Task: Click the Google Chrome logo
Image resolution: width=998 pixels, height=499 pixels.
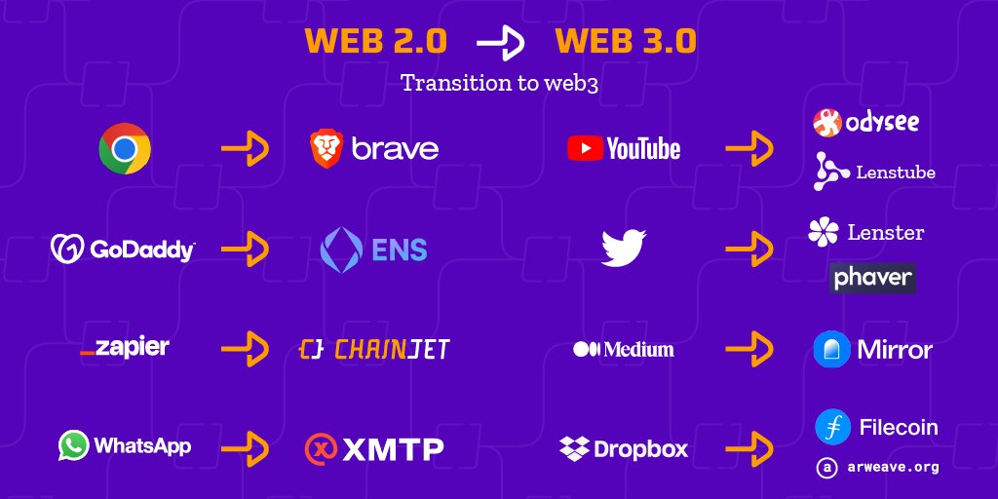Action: coord(125,149)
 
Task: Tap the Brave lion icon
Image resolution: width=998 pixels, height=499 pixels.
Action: coord(326,149)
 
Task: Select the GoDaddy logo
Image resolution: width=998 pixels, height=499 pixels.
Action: coord(123,249)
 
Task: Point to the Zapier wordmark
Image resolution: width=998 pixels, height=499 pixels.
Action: coord(125,348)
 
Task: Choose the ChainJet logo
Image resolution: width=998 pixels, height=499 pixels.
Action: coord(374,349)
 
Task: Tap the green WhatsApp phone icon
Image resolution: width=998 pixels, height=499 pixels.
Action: coord(74,445)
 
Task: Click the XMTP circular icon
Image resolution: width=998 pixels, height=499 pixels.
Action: coord(321,448)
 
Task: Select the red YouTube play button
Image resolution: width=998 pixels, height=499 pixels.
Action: coord(585,149)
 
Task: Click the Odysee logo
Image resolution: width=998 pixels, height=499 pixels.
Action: coord(865,122)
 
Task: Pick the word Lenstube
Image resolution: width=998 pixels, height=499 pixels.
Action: coord(896,173)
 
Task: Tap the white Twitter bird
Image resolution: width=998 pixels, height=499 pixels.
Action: coord(624,248)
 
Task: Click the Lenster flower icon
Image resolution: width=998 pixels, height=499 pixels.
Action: coord(824,232)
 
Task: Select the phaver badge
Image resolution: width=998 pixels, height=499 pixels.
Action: coord(872,278)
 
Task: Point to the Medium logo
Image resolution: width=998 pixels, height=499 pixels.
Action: coord(623,349)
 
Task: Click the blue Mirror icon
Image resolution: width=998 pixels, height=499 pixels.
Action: coord(832,349)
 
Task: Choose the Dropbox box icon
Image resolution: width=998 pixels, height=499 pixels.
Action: coord(574,448)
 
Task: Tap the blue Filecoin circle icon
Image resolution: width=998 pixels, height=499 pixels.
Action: coord(833,427)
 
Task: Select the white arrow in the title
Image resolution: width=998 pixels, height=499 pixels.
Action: coord(500,42)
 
